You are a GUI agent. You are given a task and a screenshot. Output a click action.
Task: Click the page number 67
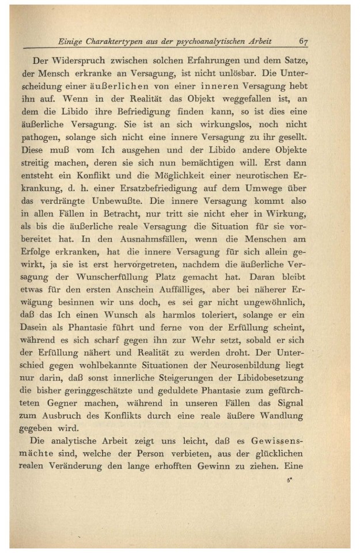tap(305, 42)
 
